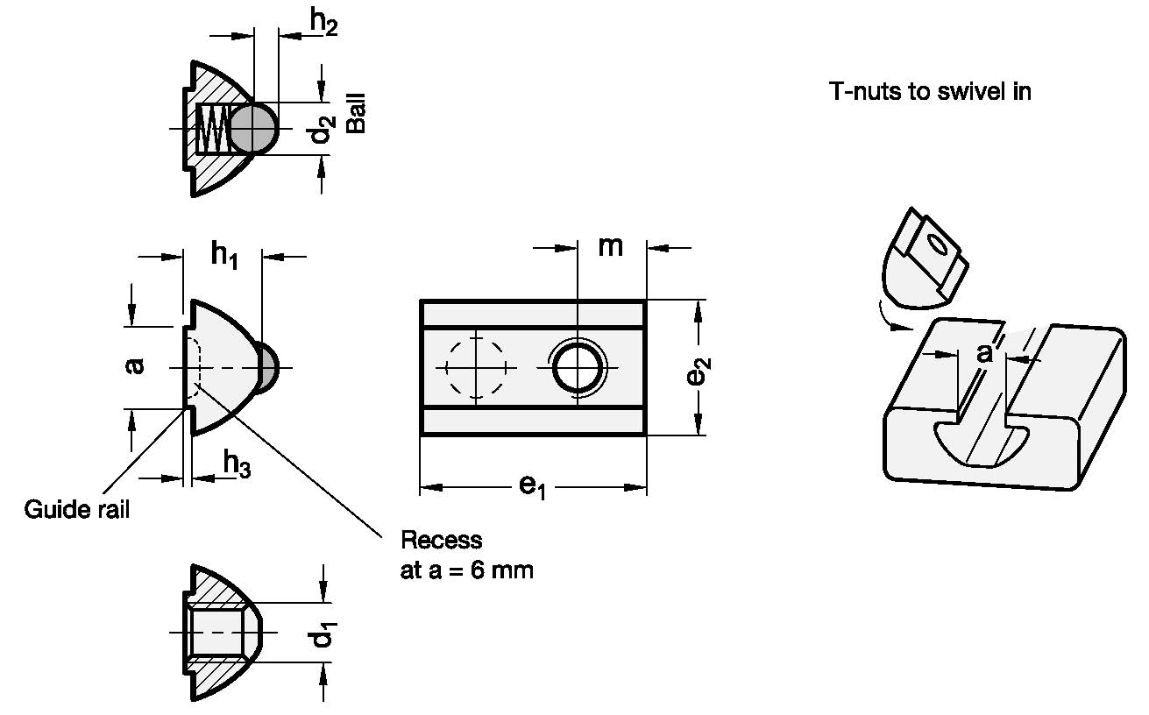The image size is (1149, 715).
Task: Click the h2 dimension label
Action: point(323,23)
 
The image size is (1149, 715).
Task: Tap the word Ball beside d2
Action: point(356,113)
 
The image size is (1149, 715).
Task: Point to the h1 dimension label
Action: point(224,255)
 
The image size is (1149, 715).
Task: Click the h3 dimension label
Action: point(237,464)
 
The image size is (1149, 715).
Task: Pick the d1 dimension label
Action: point(323,634)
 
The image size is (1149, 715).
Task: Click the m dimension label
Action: point(610,247)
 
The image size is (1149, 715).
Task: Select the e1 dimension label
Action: point(533,486)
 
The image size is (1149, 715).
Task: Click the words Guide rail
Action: point(77,509)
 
